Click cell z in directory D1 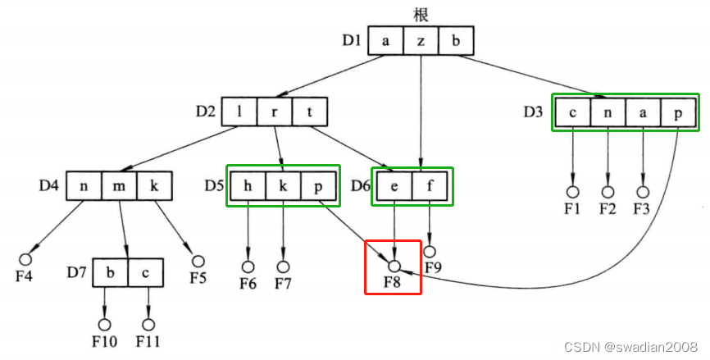(421, 40)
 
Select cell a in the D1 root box (385, 40)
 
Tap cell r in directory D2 (275, 112)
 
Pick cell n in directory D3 (608, 112)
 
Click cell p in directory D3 (679, 112)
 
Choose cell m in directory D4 (119, 185)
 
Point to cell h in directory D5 (247, 185)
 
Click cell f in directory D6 (431, 185)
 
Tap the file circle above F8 (394, 267)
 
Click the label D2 (206, 111)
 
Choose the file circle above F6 (247, 267)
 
